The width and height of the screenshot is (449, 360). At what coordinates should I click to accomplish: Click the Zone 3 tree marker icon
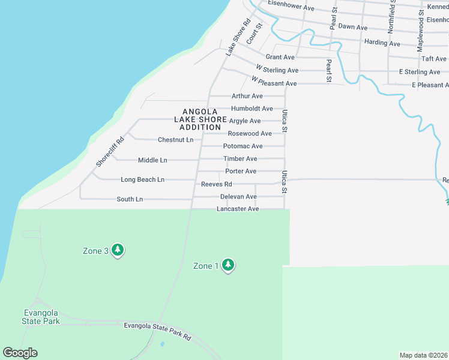[x=118, y=250]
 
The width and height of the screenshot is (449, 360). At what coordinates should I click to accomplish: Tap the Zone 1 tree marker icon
[x=228, y=265]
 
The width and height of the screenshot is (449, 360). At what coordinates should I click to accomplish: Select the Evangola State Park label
[x=41, y=317]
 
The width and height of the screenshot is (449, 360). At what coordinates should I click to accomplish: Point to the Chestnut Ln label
[x=175, y=140]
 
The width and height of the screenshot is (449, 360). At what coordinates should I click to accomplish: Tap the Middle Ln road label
[x=152, y=160]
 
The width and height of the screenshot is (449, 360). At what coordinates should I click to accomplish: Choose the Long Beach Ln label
[x=142, y=179]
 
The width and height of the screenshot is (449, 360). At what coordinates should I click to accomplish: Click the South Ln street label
[x=130, y=199]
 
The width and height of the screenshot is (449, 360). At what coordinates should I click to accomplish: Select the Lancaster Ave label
[x=238, y=209]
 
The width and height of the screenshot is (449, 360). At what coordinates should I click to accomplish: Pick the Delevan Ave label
[x=238, y=197]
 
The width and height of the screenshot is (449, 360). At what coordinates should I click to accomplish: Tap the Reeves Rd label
[x=216, y=184]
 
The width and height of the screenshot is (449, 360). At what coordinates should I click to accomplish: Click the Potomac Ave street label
[x=243, y=146]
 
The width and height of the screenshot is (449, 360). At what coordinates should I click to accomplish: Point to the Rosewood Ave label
[x=250, y=133]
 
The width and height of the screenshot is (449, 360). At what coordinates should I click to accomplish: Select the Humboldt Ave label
[x=252, y=109]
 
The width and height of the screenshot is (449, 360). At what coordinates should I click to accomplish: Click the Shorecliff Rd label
[x=110, y=152]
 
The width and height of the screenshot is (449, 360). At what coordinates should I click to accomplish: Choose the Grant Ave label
[x=280, y=57]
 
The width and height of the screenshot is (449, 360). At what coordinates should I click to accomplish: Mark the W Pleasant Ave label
[x=274, y=83]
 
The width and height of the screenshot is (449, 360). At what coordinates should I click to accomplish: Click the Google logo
[x=20, y=353]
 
